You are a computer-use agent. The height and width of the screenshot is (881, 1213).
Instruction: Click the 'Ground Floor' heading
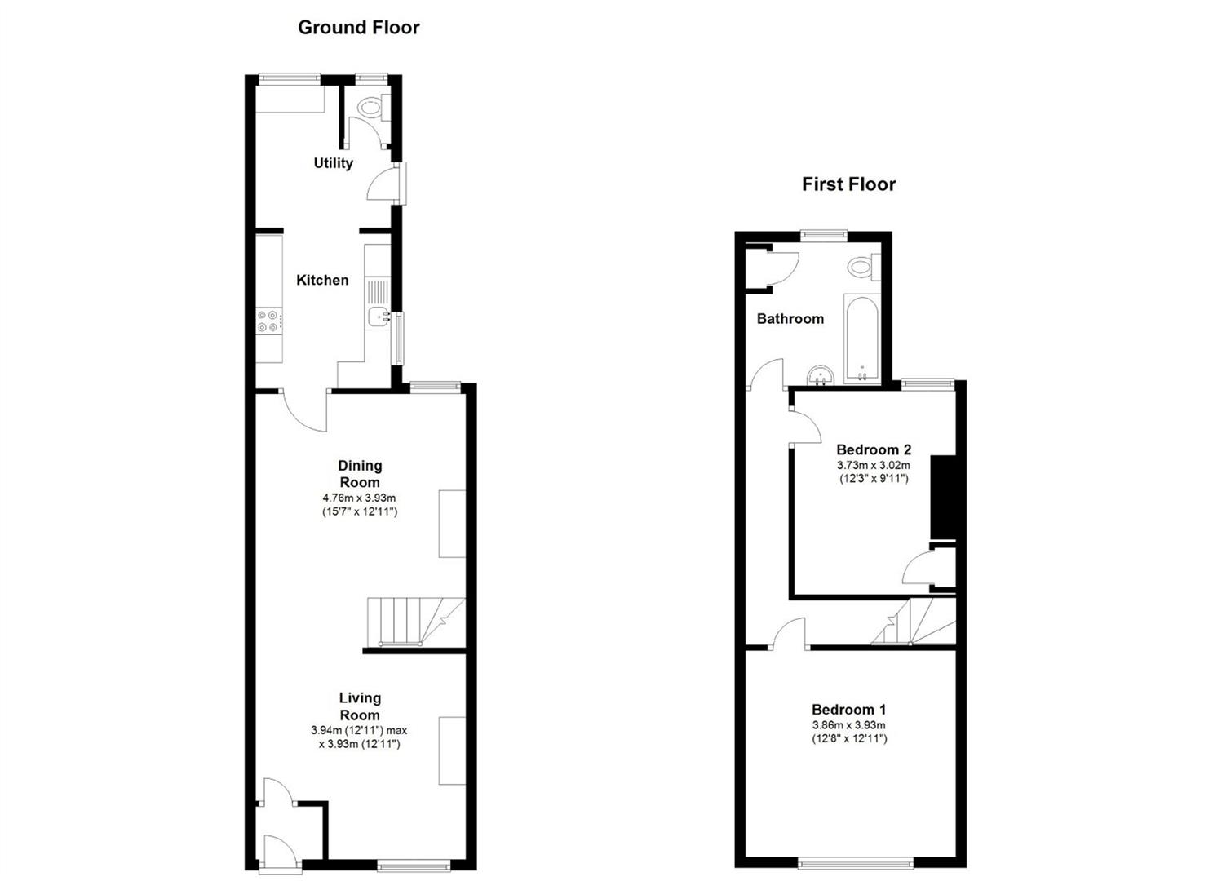[x=358, y=27]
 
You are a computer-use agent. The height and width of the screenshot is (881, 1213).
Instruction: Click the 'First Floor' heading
[x=848, y=184]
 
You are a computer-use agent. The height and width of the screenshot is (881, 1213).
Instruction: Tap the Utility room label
[x=333, y=163]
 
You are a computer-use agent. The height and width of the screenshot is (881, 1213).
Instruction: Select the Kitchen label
[x=322, y=280]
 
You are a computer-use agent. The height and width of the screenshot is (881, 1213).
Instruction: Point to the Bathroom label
[x=790, y=318]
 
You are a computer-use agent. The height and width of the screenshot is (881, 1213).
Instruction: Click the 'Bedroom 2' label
[x=874, y=449]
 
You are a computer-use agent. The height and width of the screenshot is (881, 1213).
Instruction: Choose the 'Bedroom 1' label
[x=848, y=710]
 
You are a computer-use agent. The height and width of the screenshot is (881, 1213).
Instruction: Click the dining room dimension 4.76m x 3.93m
[x=360, y=498]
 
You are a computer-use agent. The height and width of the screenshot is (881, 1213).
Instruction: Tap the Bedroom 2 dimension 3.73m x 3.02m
[x=874, y=465]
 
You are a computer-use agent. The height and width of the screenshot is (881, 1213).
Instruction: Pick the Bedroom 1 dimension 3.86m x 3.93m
[x=848, y=725]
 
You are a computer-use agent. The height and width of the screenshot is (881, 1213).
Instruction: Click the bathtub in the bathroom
[x=861, y=339]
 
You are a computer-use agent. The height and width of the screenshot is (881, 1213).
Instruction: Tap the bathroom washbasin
[x=819, y=377]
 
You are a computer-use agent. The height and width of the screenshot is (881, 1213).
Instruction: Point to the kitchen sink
[x=378, y=317]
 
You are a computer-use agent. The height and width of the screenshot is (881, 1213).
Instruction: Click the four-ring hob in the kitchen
[x=269, y=321]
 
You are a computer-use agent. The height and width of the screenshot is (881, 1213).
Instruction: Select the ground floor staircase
[x=412, y=622]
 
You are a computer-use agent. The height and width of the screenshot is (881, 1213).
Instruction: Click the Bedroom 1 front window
[x=856, y=862]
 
